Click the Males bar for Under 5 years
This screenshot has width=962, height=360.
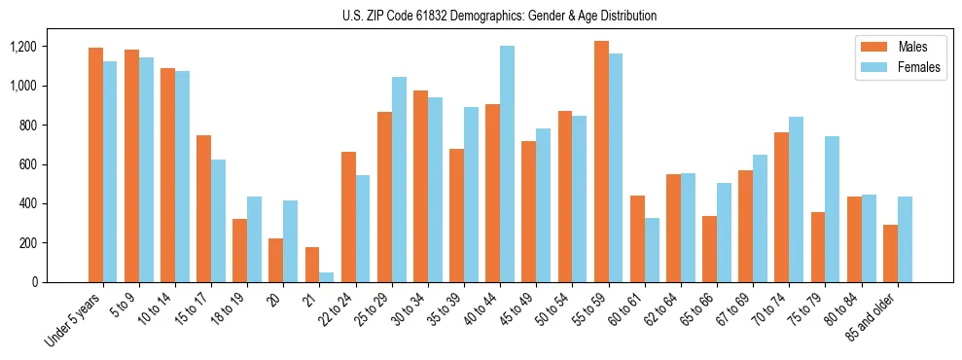pyautogui.click(x=95, y=165)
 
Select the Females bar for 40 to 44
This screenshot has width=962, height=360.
pyautogui.click(x=507, y=164)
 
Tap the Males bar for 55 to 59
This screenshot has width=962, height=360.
pyautogui.click(x=601, y=162)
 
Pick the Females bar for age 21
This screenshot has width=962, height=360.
pyautogui.click(x=326, y=277)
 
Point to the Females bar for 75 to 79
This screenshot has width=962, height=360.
pyautogui.click(x=832, y=209)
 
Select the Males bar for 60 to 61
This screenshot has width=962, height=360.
pyautogui.click(x=637, y=239)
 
